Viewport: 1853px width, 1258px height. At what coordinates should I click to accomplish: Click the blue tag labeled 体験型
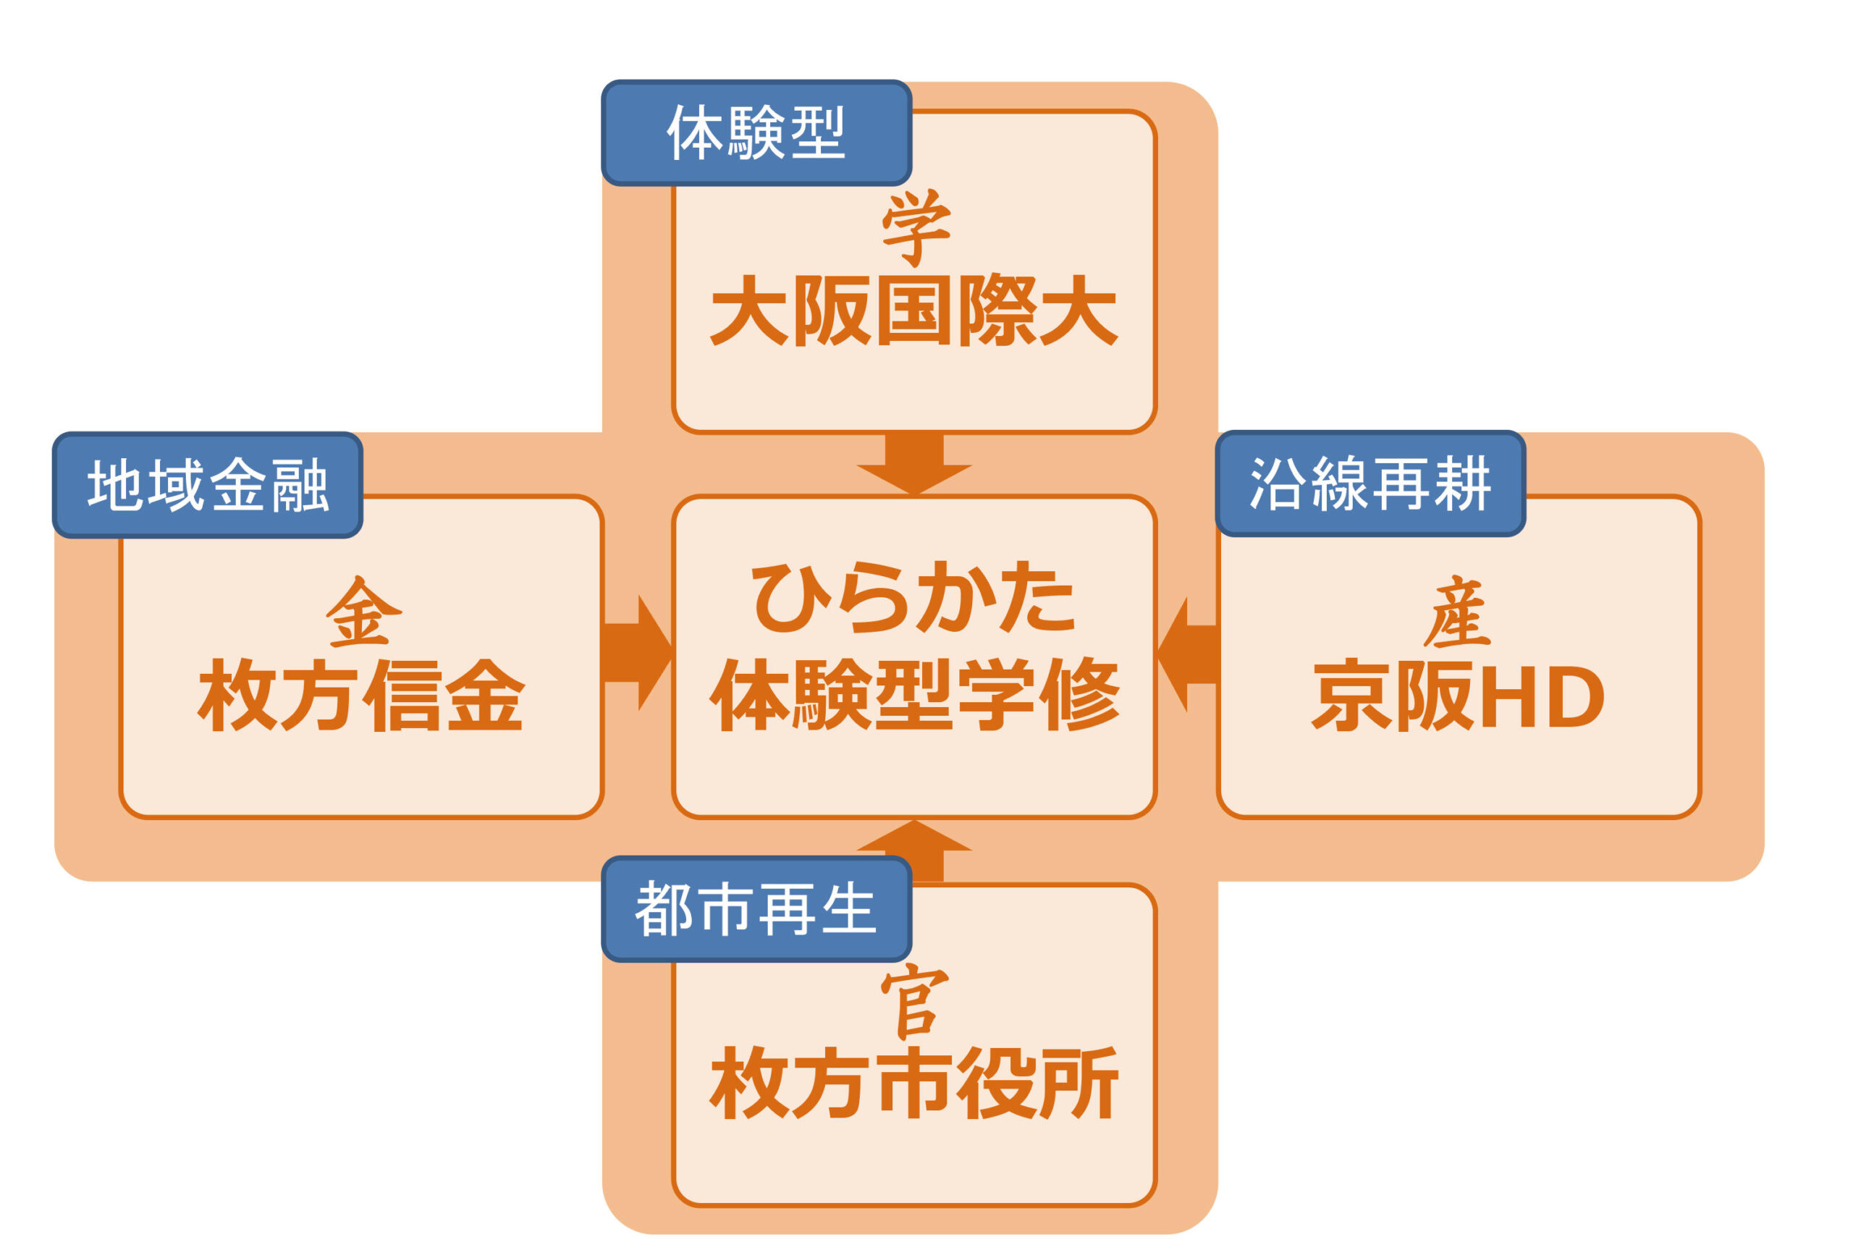[756, 133]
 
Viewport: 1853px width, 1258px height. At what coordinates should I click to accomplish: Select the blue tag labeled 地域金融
[207, 485]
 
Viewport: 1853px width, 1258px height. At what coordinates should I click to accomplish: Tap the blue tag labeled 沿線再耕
[1369, 483]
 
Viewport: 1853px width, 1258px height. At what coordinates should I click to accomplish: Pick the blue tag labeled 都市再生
[756, 909]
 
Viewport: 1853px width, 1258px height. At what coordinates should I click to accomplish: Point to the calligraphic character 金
[363, 612]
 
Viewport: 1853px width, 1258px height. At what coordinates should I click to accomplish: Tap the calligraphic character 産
[1456, 612]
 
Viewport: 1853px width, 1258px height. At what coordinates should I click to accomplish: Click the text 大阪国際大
[913, 311]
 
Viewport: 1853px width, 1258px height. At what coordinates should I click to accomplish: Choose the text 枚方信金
[361, 696]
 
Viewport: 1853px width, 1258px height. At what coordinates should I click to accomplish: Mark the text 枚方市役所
[913, 1084]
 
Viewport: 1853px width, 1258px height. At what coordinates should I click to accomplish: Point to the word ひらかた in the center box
[913, 598]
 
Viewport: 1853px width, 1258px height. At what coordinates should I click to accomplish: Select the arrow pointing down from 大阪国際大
[913, 463]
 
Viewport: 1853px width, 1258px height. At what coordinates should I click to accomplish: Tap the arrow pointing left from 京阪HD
[1187, 654]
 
